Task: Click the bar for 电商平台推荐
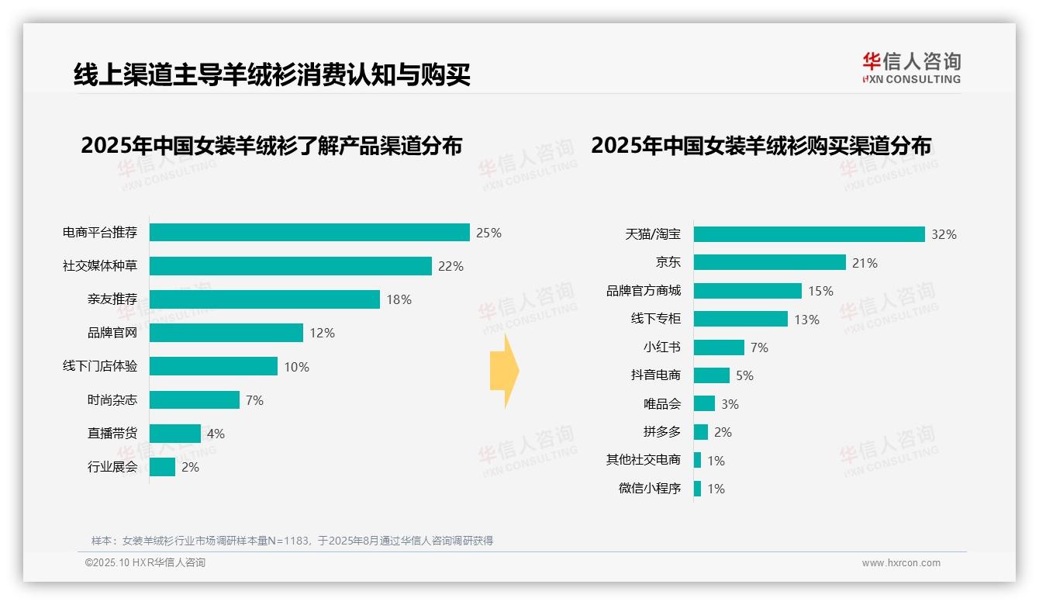(309, 233)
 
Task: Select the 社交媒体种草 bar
(290, 266)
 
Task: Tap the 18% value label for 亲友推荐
(399, 299)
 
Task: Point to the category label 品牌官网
(112, 333)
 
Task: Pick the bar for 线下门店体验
(213, 366)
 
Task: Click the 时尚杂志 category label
(112, 400)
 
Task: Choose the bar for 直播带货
(174, 434)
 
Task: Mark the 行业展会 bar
(162, 467)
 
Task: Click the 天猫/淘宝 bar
(809, 234)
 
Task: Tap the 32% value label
(944, 234)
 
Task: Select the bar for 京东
(769, 262)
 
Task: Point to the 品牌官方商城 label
(643, 291)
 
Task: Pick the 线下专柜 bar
(740, 319)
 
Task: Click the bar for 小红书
(719, 347)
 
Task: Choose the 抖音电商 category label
(655, 375)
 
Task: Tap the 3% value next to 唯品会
(729, 404)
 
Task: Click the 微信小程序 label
(649, 489)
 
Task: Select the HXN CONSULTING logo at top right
(911, 68)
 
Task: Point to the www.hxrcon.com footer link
(901, 563)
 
